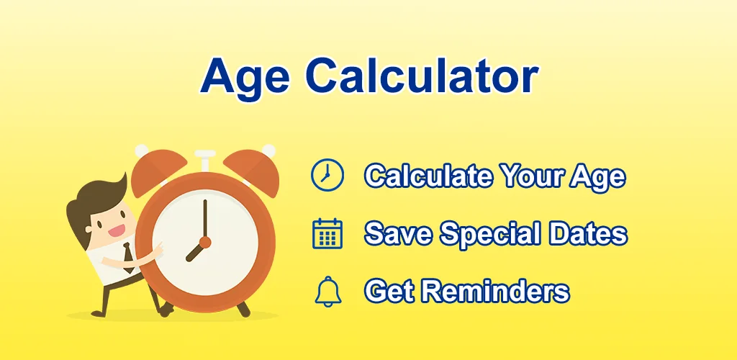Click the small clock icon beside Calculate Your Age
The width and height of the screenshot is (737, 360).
(327, 175)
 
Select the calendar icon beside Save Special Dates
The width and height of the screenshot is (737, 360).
(327, 234)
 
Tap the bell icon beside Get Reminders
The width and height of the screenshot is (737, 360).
(327, 292)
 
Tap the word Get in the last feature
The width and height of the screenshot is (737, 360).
(389, 292)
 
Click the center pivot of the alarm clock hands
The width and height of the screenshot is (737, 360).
(205, 241)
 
